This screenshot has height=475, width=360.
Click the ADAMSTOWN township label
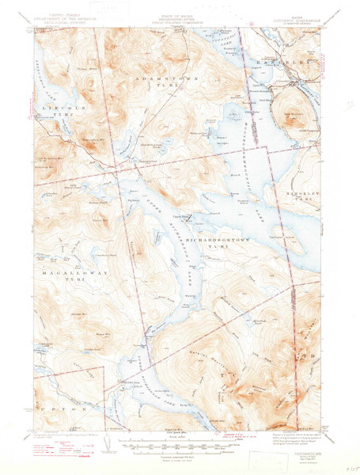162,81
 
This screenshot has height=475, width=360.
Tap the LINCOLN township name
55,105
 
